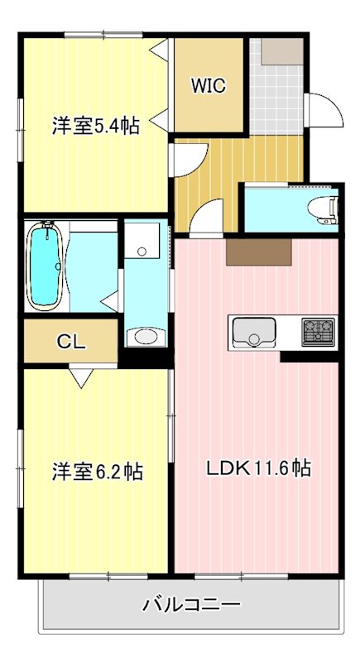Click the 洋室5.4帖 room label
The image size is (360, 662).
[x=94, y=126]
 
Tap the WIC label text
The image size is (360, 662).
[x=209, y=85]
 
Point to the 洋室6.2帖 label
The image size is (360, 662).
[x=97, y=472]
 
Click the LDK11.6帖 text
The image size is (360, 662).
[x=258, y=468]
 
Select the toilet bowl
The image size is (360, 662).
[x=322, y=208]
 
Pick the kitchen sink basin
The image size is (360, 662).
[x=253, y=333]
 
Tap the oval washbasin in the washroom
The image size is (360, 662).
[x=146, y=336]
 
